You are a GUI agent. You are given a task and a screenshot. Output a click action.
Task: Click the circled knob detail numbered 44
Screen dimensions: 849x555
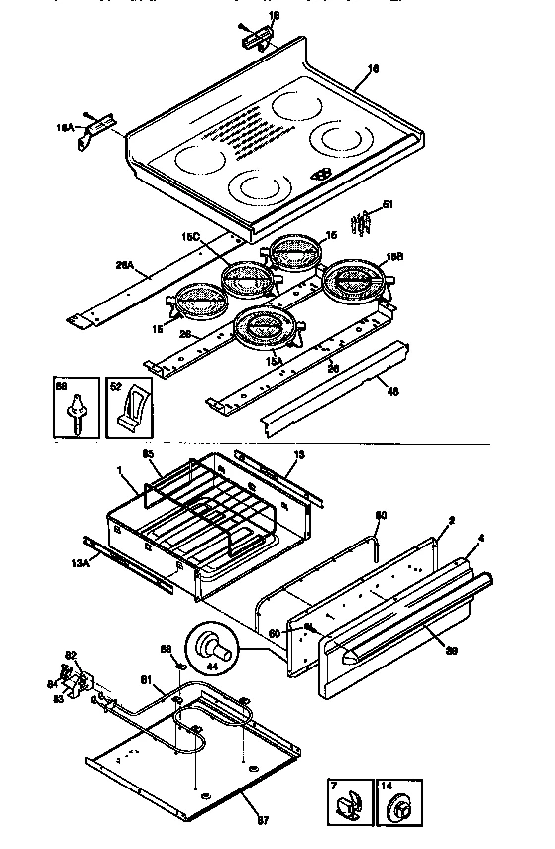pyautogui.click(x=212, y=650)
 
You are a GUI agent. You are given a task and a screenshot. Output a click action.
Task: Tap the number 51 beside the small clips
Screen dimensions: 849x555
pyautogui.click(x=388, y=205)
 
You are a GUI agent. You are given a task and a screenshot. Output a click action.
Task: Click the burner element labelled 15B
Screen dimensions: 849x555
pyautogui.click(x=355, y=282)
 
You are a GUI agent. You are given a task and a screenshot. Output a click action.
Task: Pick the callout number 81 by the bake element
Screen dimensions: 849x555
pyautogui.click(x=146, y=679)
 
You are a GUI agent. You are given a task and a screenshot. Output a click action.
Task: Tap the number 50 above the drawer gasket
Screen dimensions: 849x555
pyautogui.click(x=381, y=515)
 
